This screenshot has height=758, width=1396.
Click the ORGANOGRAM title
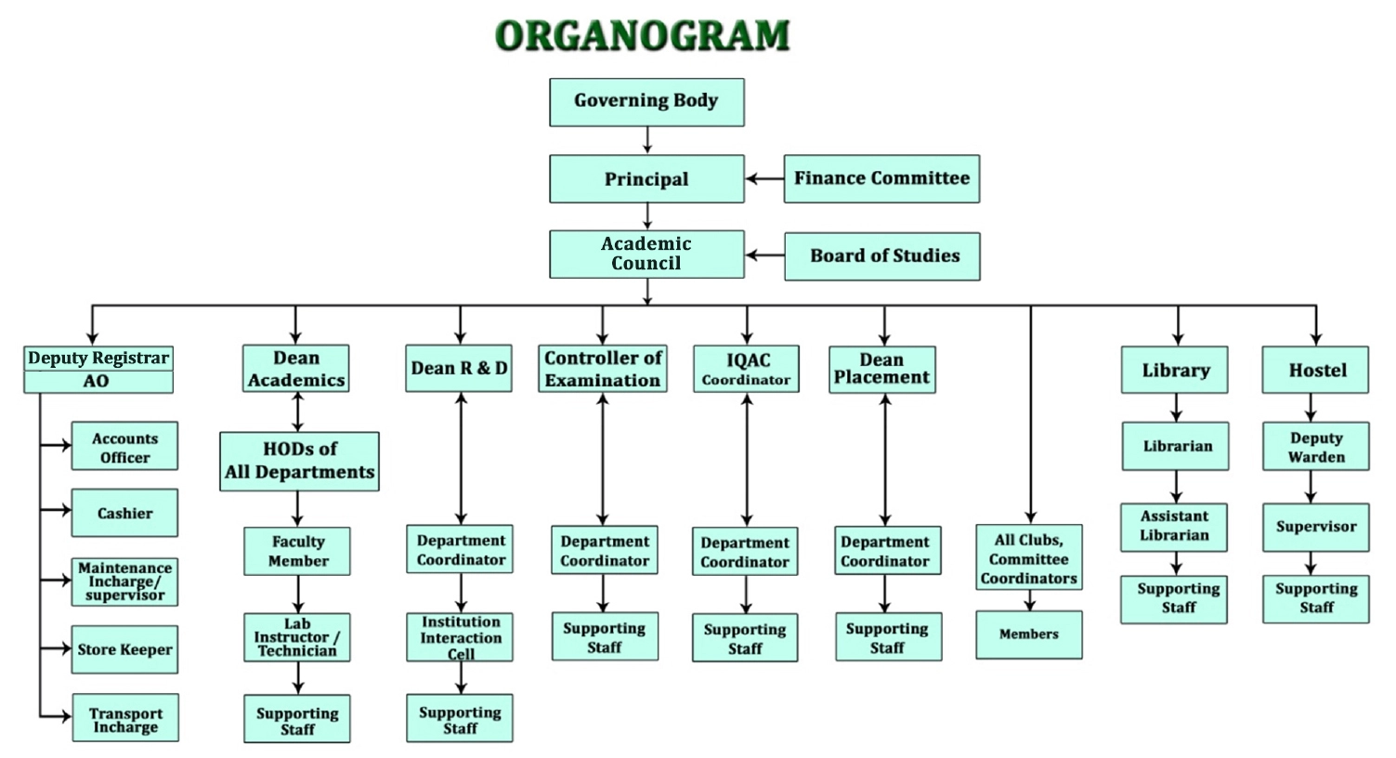pos(643,34)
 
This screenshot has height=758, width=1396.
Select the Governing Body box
pos(646,102)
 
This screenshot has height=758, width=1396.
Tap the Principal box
pos(646,179)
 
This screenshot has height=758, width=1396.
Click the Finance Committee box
pos(881,179)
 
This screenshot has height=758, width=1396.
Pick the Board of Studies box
pos(881,256)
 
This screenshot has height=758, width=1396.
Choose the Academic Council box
pos(646,255)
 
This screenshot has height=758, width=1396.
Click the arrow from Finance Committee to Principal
pos(764,179)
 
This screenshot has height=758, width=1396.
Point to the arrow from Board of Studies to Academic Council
pos(764,255)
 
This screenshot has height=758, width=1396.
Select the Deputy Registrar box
pos(98,359)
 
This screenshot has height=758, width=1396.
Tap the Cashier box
pos(124,513)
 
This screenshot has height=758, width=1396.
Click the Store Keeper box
pos(124,649)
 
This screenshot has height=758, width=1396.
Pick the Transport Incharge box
pos(125,717)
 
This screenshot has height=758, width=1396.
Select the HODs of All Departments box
pos(299,462)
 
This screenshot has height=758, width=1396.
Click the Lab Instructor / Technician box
pos(296,637)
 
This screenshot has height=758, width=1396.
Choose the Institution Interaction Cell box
pos(460,637)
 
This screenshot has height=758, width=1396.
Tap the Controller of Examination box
pos(603,369)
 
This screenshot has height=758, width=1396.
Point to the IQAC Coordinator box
pos(746,369)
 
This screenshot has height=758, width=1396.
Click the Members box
pos(1029,634)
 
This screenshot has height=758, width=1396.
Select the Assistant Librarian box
pos(1174,528)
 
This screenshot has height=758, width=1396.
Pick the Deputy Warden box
pos(1316,446)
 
